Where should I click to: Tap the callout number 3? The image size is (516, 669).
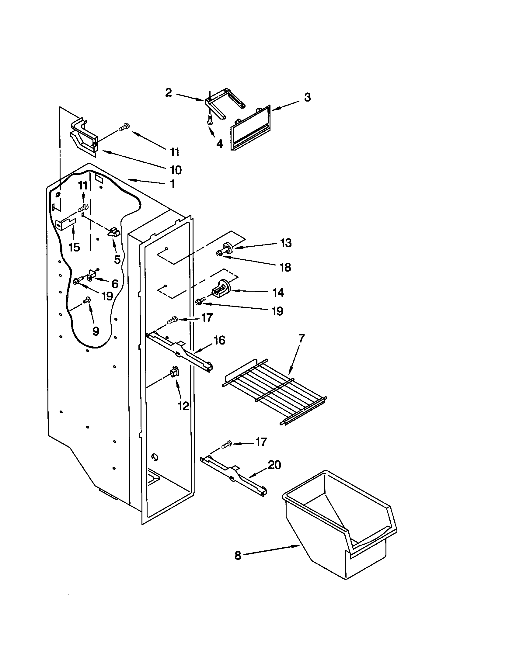pyautogui.click(x=307, y=97)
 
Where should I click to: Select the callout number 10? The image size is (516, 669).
pyautogui.click(x=175, y=170)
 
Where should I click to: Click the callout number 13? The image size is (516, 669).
pyautogui.click(x=286, y=243)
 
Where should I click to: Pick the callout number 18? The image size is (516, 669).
pyautogui.click(x=285, y=267)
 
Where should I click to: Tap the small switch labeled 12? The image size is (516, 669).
pyautogui.click(x=174, y=373)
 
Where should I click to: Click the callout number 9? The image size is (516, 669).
pyautogui.click(x=96, y=331)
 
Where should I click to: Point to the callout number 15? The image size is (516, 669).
pyautogui.click(x=74, y=247)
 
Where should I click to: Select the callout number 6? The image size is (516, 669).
pyautogui.click(x=115, y=284)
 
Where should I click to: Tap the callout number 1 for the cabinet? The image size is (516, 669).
pyautogui.click(x=173, y=184)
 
